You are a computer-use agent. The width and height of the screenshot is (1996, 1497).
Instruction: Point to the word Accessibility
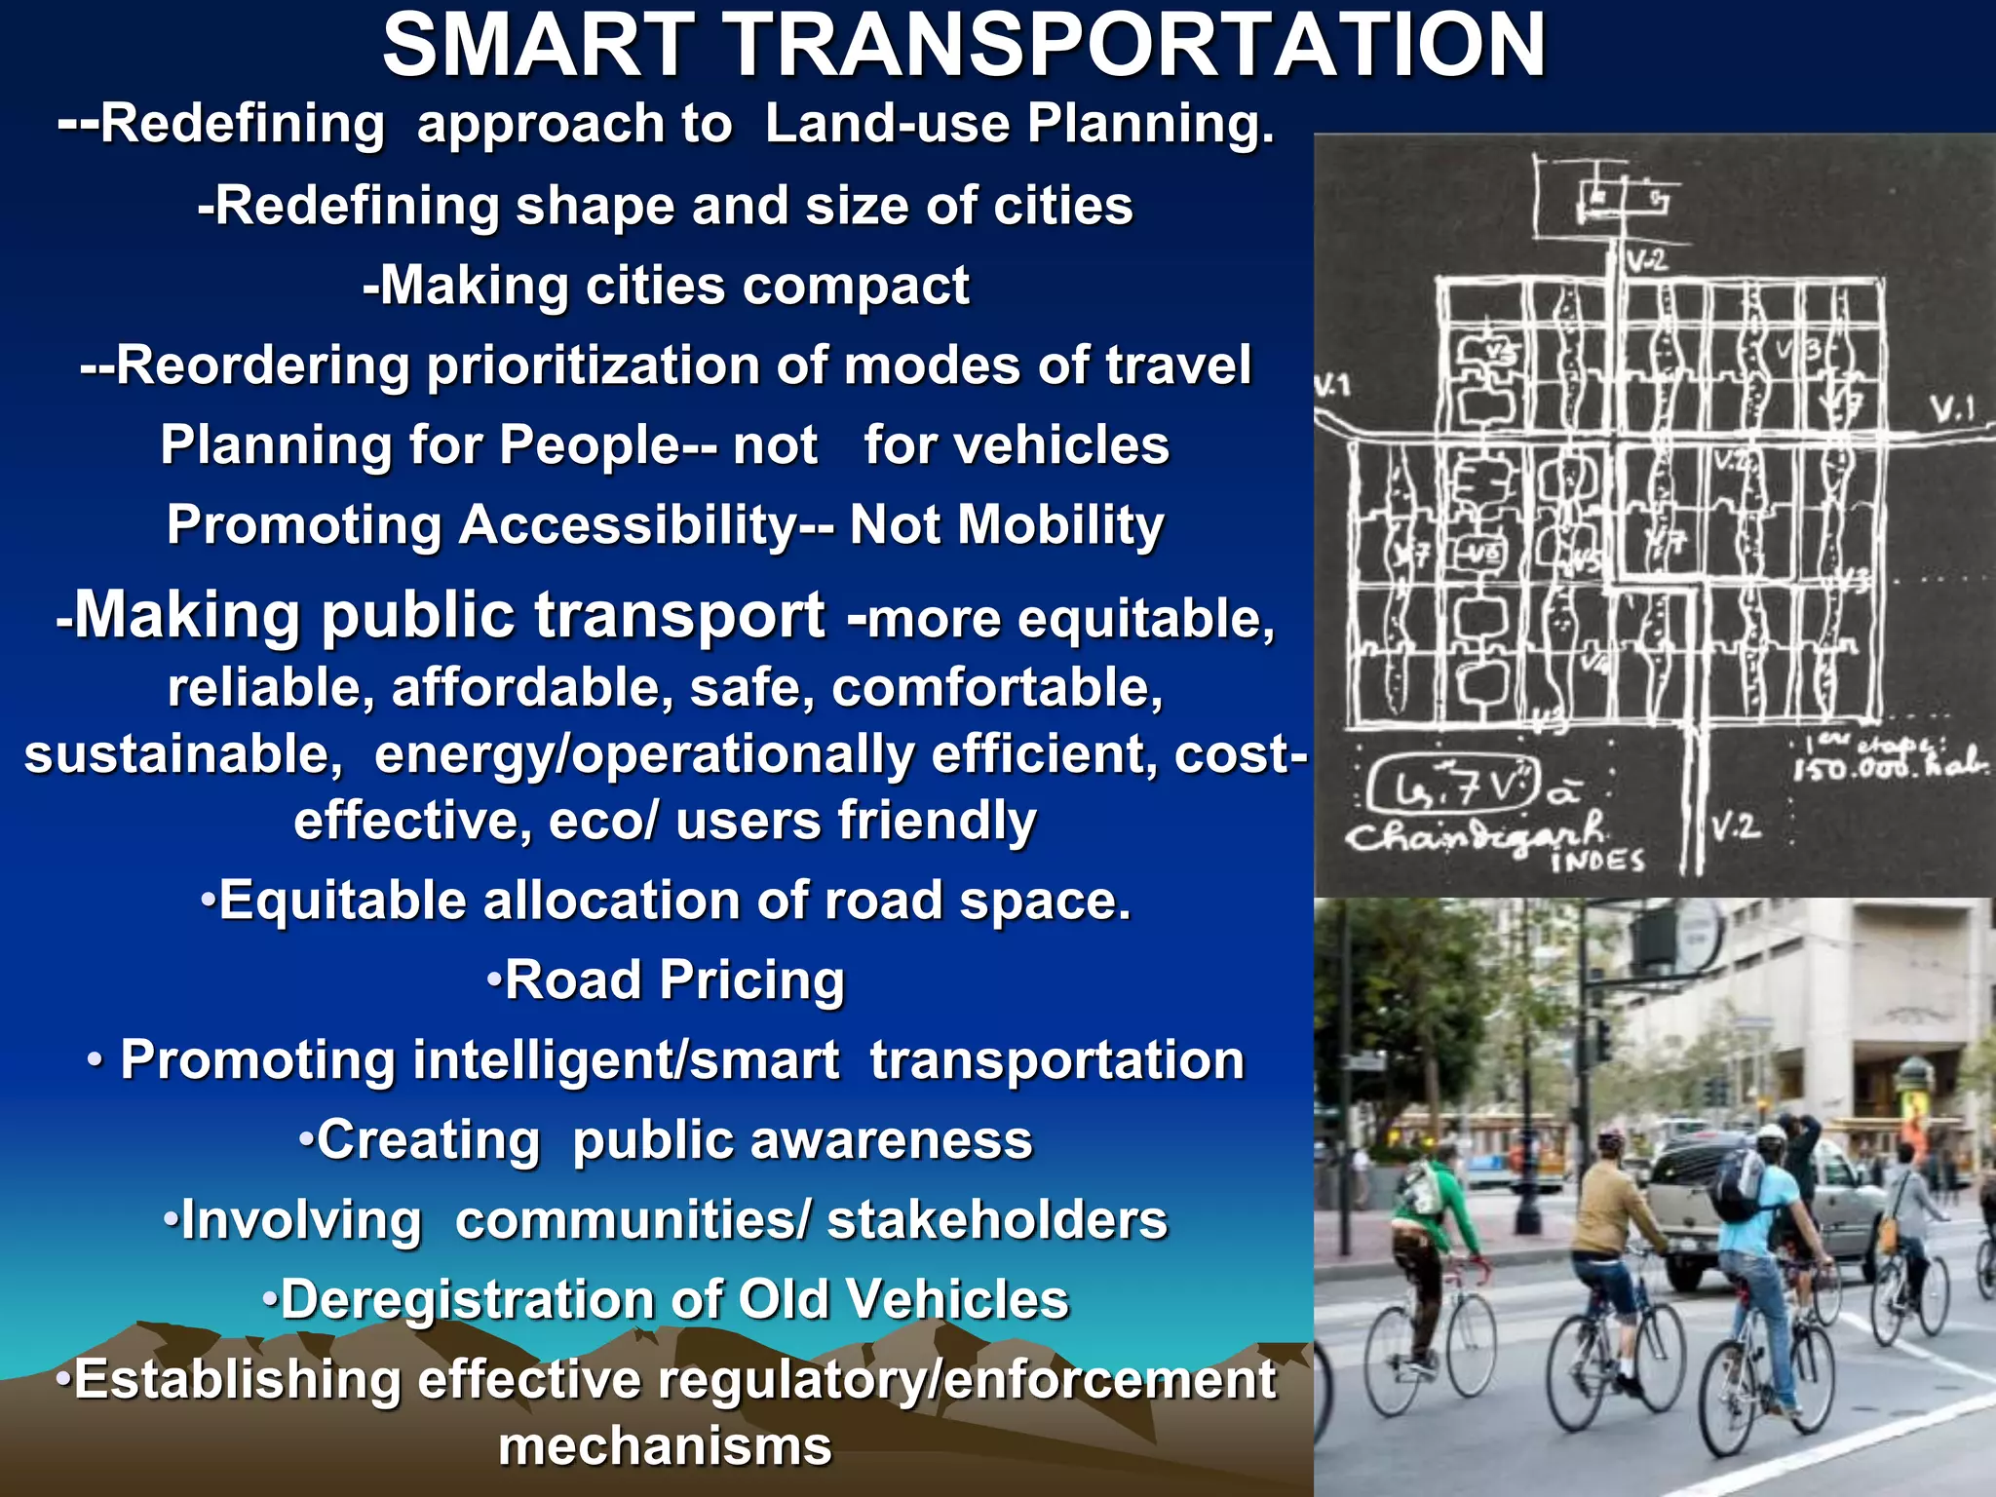(x=628, y=524)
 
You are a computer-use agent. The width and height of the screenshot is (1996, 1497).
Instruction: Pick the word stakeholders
(x=996, y=1219)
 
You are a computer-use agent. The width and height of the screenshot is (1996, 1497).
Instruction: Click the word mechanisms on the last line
(x=665, y=1445)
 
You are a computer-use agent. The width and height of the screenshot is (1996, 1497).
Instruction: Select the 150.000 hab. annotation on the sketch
(x=1887, y=767)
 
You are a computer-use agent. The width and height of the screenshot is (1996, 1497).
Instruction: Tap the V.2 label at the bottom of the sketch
(x=1735, y=827)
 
